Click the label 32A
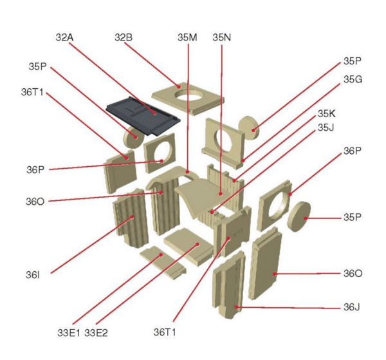click(64, 37)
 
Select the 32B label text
click(124, 37)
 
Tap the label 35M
click(187, 37)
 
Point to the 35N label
click(222, 37)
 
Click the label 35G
click(353, 79)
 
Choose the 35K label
click(327, 113)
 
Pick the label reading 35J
click(326, 128)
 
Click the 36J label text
click(351, 307)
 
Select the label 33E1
click(69, 333)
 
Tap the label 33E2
click(96, 333)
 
